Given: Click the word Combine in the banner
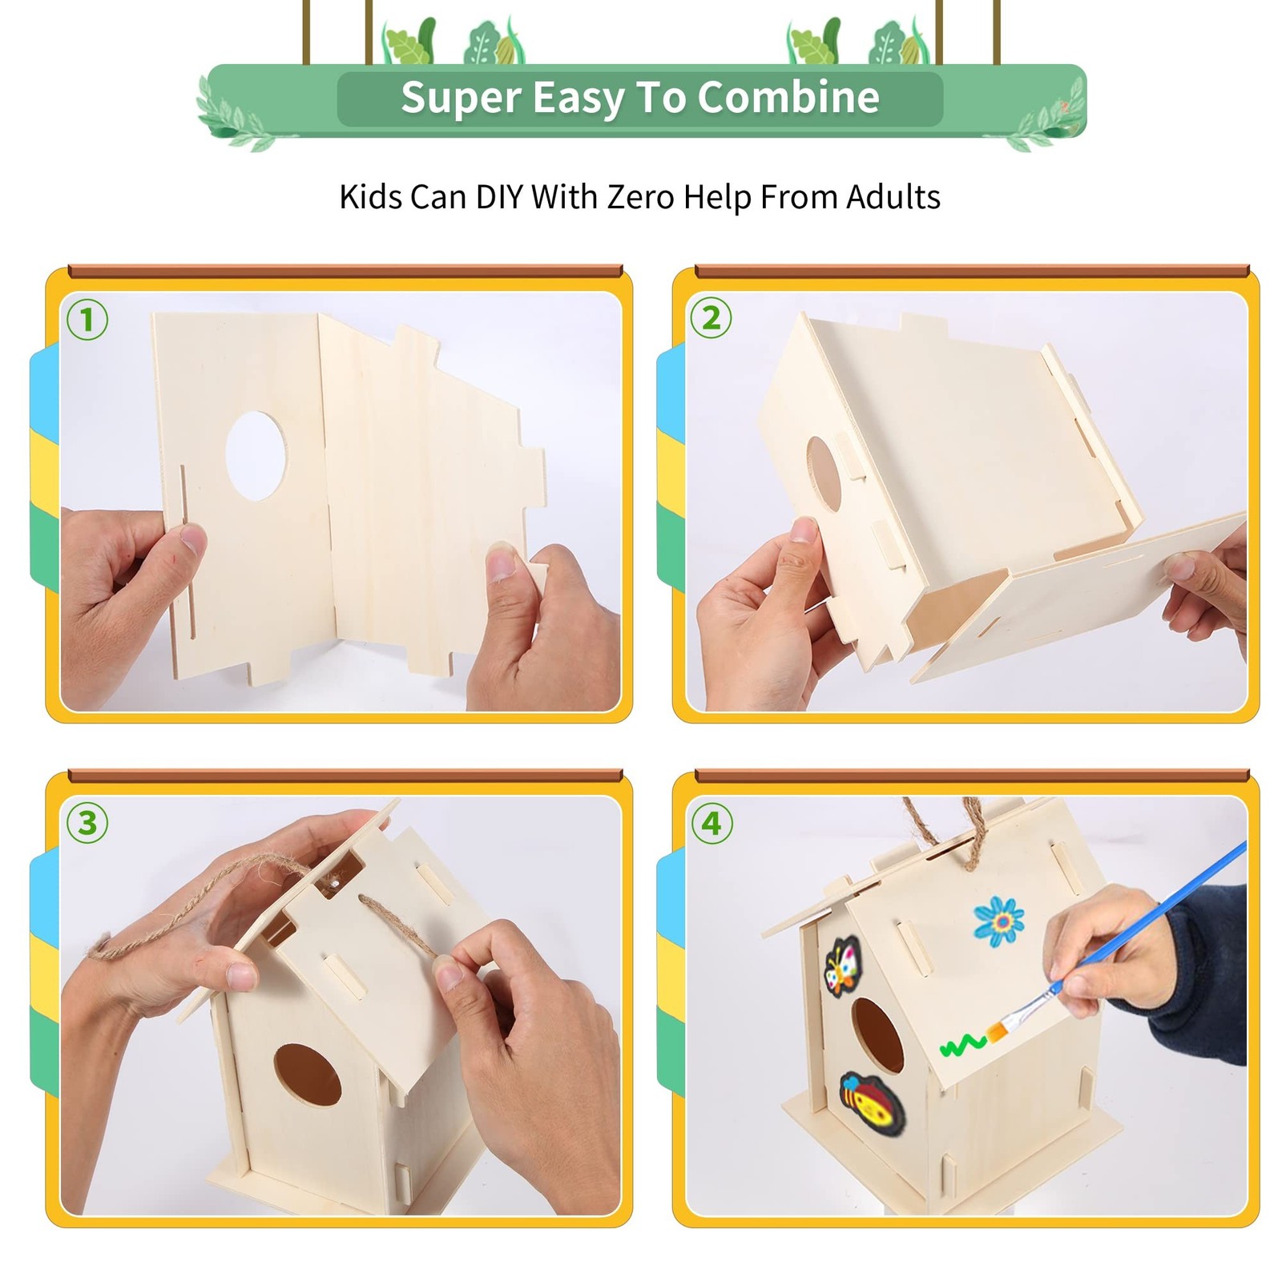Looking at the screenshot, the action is (x=788, y=98).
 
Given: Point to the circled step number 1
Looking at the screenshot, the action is (x=87, y=320).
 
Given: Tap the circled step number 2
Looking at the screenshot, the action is (x=711, y=318).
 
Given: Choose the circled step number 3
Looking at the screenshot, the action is (x=87, y=824).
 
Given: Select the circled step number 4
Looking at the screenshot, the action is (x=712, y=824).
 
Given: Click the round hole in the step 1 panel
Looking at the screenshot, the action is (x=256, y=456).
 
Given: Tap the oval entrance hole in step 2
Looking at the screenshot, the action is (x=824, y=474).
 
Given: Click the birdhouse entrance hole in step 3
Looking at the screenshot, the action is (x=308, y=1075).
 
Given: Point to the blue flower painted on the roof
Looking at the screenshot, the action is (x=999, y=921).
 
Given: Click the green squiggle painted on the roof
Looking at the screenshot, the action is (x=963, y=1044).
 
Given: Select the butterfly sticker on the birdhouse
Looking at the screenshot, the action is (x=842, y=966).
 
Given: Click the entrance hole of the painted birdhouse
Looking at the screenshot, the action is (x=877, y=1035).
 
